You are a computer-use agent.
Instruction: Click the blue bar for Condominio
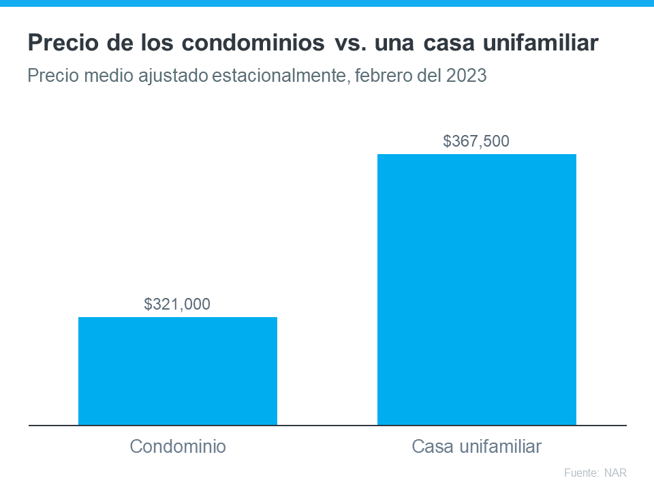pyautogui.click(x=178, y=371)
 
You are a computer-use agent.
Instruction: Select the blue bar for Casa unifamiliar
pyautogui.click(x=477, y=289)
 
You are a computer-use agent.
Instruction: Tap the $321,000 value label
pyautogui.click(x=177, y=304)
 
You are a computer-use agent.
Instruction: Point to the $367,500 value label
pyautogui.click(x=476, y=142)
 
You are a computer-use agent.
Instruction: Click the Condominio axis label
pyautogui.click(x=178, y=447)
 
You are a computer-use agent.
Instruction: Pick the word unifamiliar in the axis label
pyautogui.click(x=501, y=447)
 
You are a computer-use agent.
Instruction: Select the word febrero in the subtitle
pyautogui.click(x=382, y=76)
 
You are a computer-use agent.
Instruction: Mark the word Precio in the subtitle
pyautogui.click(x=51, y=76)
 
